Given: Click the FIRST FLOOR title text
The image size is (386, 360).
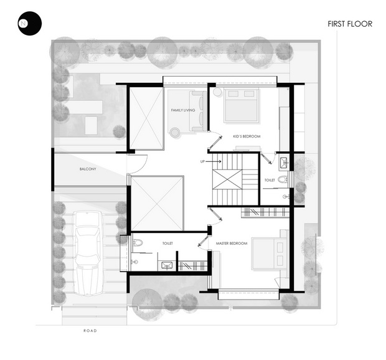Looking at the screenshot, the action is click(x=350, y=24).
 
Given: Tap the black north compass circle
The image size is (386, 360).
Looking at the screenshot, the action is click(x=29, y=24).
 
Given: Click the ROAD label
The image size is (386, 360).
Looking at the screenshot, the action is click(x=90, y=331).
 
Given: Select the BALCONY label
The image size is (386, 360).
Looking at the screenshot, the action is click(x=88, y=169).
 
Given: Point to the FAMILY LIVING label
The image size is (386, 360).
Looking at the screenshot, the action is click(x=183, y=110).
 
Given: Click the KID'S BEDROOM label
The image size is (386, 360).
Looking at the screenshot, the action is click(x=247, y=136).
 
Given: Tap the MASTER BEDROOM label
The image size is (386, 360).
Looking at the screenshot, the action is click(x=232, y=244).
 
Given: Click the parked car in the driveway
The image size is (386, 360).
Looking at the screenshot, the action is click(x=88, y=253).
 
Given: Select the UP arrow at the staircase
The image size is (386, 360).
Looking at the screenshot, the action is click(x=214, y=161).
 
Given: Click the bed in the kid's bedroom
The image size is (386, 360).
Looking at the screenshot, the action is click(x=242, y=105).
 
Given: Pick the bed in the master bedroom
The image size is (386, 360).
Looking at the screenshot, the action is click(x=270, y=253).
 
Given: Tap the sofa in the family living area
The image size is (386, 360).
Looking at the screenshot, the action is click(x=198, y=111).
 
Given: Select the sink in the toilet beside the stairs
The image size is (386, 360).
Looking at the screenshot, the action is click(x=285, y=162).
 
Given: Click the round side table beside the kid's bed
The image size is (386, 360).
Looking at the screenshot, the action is click(x=218, y=92).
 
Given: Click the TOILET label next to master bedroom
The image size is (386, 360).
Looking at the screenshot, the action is click(x=167, y=244).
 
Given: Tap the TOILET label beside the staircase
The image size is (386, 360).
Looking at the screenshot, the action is click(x=270, y=180).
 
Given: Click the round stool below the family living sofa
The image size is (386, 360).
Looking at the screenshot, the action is click(x=175, y=133).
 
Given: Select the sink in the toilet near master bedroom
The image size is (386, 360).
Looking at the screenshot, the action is click(x=167, y=265).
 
